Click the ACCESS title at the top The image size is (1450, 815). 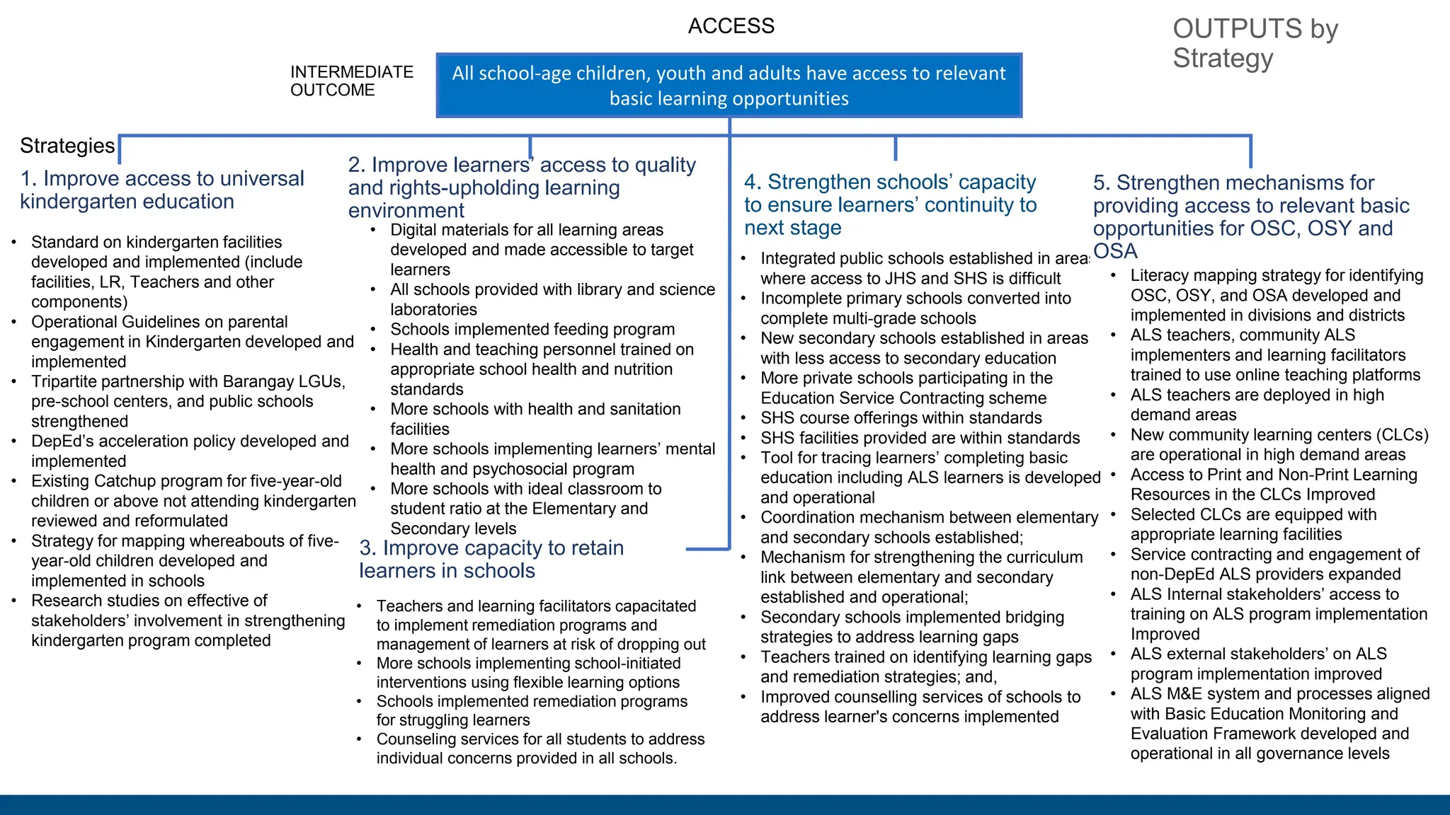(x=731, y=26)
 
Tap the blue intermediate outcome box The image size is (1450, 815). (x=729, y=86)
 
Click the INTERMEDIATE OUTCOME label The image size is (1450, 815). (x=351, y=81)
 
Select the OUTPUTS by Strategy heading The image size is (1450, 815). (x=1255, y=43)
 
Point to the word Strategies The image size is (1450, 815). (x=67, y=146)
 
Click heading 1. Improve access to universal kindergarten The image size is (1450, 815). (x=162, y=190)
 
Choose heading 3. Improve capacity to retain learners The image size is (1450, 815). (x=491, y=559)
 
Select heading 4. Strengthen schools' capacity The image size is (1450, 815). (x=890, y=204)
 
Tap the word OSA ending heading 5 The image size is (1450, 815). (x=1115, y=251)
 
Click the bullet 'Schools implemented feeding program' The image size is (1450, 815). (x=532, y=330)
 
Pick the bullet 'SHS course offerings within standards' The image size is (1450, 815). (x=901, y=418)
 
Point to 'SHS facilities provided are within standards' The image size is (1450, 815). (x=920, y=438)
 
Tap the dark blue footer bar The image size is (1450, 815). (x=725, y=804)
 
